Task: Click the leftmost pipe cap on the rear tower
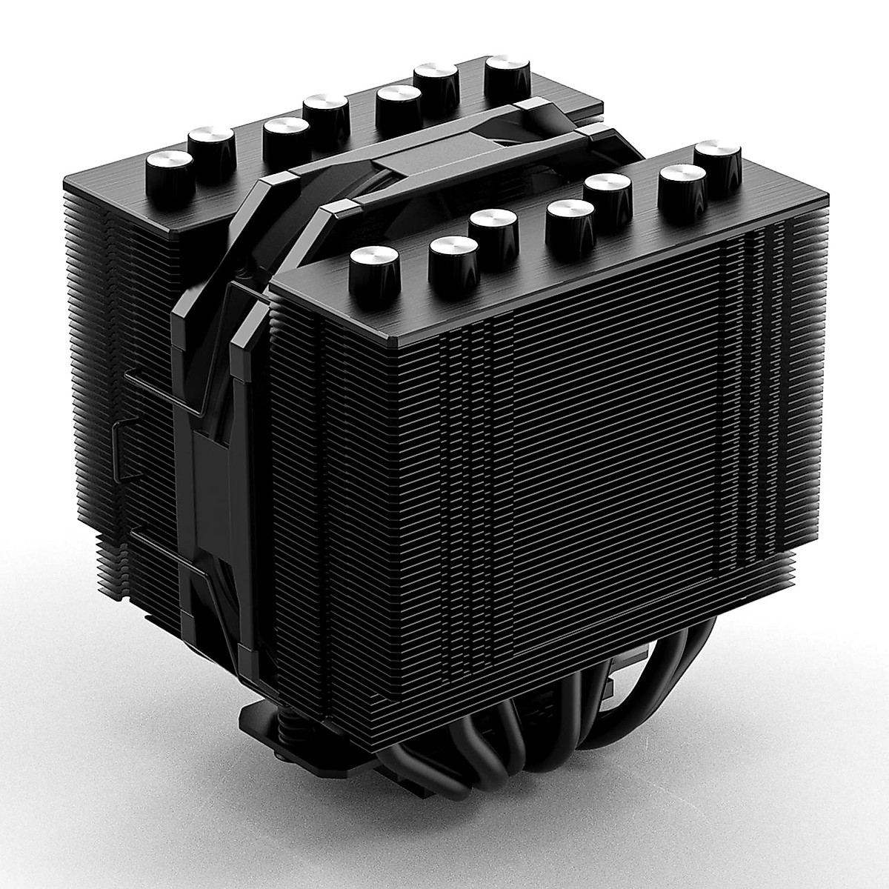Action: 170,164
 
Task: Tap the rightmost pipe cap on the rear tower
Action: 509,70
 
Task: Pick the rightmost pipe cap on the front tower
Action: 718,156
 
